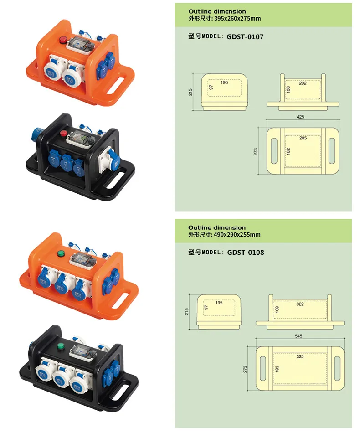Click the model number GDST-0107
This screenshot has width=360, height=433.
[245, 37]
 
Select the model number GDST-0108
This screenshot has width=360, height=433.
[246, 253]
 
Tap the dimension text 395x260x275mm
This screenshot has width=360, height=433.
[237, 19]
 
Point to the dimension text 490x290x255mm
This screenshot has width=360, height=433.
[237, 235]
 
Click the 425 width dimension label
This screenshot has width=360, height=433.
[300, 117]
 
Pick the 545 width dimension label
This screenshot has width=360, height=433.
[298, 336]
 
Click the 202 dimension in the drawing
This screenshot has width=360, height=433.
[303, 83]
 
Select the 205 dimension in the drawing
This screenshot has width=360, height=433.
[303, 138]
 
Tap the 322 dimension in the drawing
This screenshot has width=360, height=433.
[300, 304]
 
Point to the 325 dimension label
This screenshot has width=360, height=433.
[300, 356]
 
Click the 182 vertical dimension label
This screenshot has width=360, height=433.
[288, 151]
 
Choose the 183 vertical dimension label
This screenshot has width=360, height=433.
[277, 369]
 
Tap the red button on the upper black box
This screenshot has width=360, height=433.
[63, 134]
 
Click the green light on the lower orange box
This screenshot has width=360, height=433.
[60, 253]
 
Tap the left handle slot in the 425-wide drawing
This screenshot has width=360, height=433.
[274, 151]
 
